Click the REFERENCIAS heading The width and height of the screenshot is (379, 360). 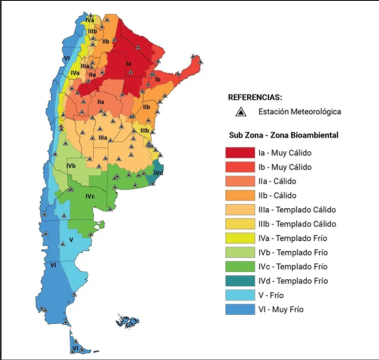pyautogui.click(x=254, y=97)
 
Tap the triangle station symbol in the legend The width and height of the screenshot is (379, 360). pyautogui.click(x=241, y=112)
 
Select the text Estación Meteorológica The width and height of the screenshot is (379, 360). pyautogui.click(x=299, y=112)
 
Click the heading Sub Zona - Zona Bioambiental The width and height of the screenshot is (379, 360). pyautogui.click(x=283, y=135)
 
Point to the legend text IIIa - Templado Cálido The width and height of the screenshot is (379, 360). pyautogui.click(x=297, y=209)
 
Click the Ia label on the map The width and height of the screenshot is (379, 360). pyautogui.click(x=128, y=63)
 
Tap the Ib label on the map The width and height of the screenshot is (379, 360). pyautogui.click(x=157, y=79)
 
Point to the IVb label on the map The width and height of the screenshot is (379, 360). pyautogui.click(x=71, y=165)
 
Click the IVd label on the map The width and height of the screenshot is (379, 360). pyautogui.click(x=157, y=173)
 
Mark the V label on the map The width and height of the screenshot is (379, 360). pyautogui.click(x=71, y=240)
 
